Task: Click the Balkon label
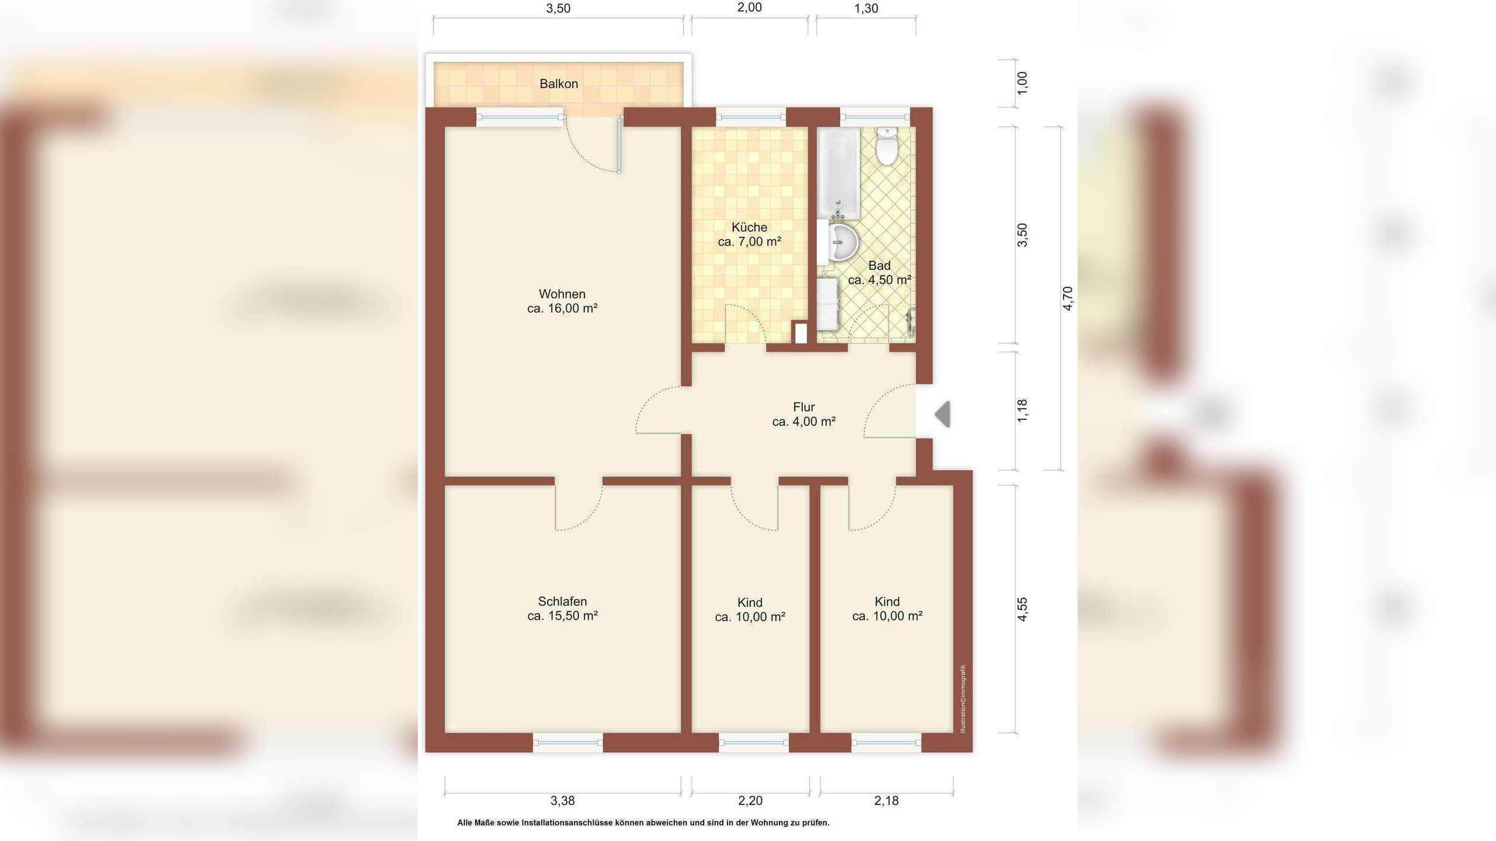[x=559, y=84]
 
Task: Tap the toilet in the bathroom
[x=886, y=146]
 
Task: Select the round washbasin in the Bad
[x=842, y=241]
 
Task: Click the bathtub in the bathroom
[x=838, y=173]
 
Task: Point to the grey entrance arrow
[x=942, y=415]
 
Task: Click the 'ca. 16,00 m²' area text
[x=562, y=308]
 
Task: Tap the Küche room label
[x=749, y=227]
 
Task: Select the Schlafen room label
[x=562, y=602]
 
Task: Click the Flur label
[x=804, y=407]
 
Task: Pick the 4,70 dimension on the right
[x=1068, y=298]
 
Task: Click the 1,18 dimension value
[x=1022, y=411]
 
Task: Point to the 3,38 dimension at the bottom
[x=562, y=801]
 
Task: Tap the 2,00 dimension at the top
[x=749, y=8]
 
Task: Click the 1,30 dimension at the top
[x=866, y=8]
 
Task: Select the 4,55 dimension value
[x=1022, y=609]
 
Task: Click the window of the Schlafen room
[x=567, y=743]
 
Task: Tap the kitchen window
[x=751, y=117]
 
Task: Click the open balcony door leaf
[x=619, y=145]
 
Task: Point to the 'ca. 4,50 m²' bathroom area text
[x=879, y=280]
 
